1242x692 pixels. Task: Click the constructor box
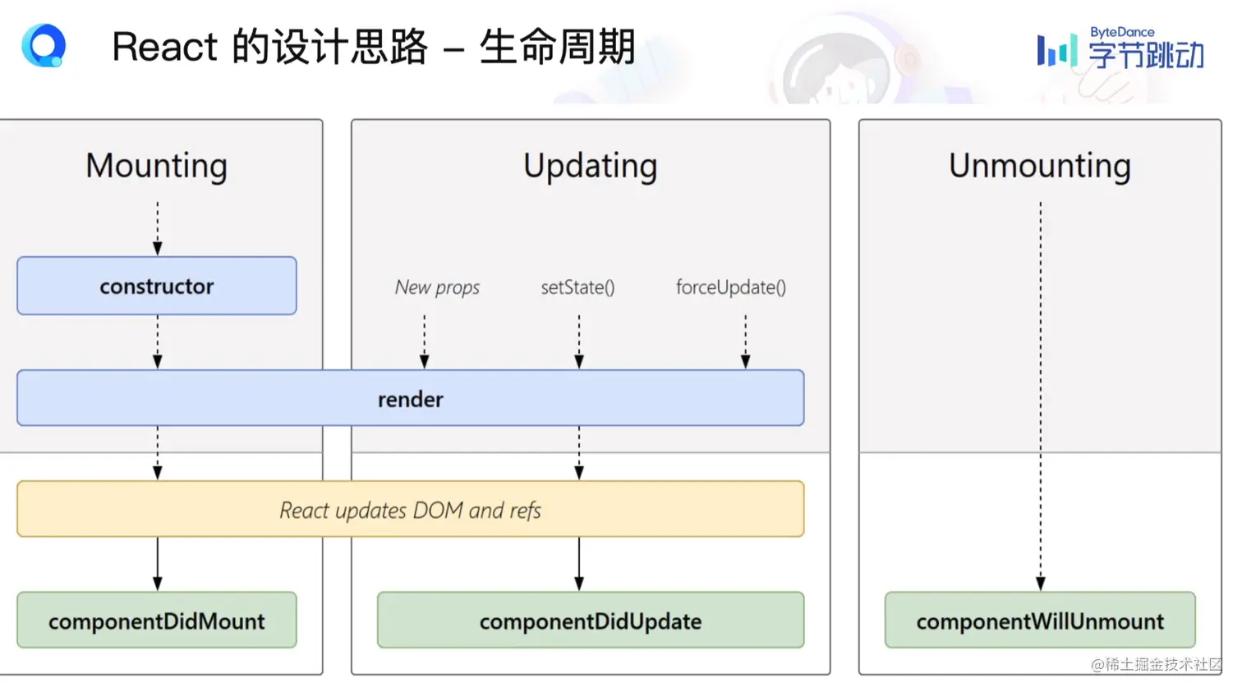[156, 286]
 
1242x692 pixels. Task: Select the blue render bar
[410, 398]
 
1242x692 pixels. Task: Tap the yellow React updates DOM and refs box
[410, 510]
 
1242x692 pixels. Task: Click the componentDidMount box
[156, 621]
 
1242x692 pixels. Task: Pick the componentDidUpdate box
[590, 621]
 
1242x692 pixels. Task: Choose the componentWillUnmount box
[1039, 621]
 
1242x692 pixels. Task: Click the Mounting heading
[156, 166]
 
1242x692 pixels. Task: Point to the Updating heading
[590, 166]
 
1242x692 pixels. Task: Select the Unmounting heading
[1039, 166]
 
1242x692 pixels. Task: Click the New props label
[437, 287]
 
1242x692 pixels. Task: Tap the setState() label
[577, 287]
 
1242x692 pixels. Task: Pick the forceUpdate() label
[730, 287]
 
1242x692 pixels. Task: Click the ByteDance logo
[1120, 49]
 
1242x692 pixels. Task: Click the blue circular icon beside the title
[44, 45]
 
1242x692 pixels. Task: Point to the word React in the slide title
[164, 47]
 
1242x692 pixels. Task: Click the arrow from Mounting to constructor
[158, 228]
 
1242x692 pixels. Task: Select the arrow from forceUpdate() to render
[745, 341]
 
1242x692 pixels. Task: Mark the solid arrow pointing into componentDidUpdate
[579, 564]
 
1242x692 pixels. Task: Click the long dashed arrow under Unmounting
[1040, 394]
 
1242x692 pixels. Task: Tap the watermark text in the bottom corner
[1156, 664]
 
